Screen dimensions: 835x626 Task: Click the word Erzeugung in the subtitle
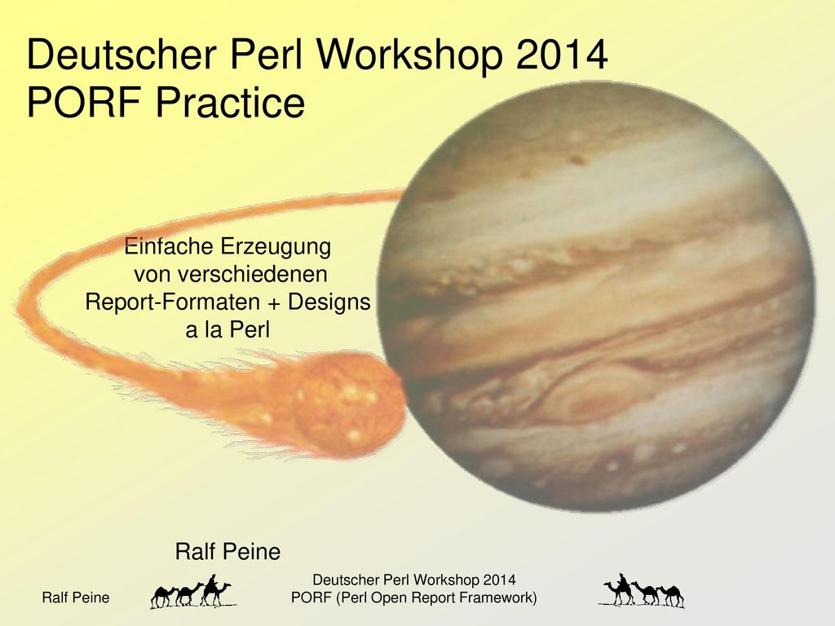click(276, 248)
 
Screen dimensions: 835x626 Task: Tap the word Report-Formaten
click(172, 302)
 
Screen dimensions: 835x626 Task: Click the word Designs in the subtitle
click(329, 302)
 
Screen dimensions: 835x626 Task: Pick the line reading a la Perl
click(228, 330)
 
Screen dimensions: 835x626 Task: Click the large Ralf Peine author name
click(228, 552)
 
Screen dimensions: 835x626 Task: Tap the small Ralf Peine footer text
click(76, 597)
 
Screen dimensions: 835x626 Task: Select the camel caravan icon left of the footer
click(192, 592)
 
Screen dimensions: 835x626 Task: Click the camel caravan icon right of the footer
click(643, 590)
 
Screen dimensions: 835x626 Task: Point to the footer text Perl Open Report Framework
click(435, 597)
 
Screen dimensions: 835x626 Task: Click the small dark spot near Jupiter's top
click(578, 159)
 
